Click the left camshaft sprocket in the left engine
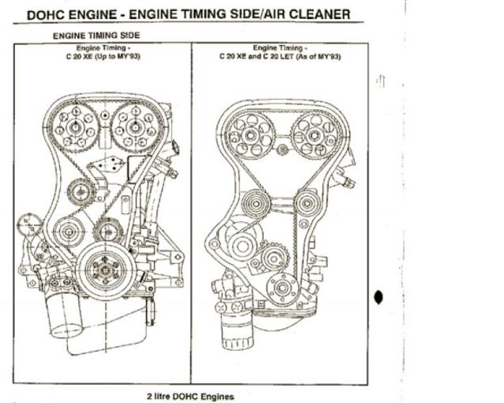73,124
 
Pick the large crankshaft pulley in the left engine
104,269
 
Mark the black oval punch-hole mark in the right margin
379,298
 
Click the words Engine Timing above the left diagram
103,48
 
